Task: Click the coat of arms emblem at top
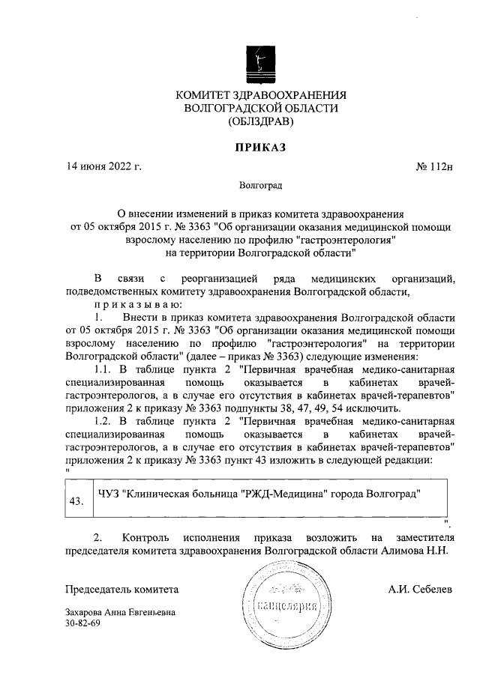(x=260, y=64)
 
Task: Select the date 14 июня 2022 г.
(x=104, y=166)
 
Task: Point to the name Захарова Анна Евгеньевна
(x=121, y=612)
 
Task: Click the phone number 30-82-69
(x=82, y=623)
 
